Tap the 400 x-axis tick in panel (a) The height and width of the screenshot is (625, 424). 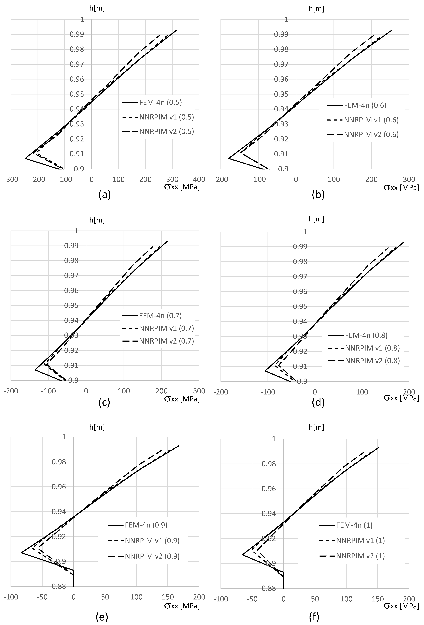tap(199, 179)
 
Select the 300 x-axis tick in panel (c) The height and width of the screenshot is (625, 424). tap(199, 391)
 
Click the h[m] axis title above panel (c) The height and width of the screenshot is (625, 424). tap(97, 220)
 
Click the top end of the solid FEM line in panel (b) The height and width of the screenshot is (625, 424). tap(392, 30)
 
